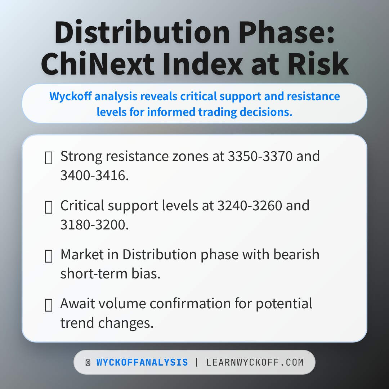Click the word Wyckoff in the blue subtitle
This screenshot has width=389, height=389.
[71, 96]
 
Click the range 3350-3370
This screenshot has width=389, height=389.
[260, 156]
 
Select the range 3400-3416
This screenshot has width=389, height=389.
[94, 175]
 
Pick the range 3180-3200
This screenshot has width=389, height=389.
[94, 224]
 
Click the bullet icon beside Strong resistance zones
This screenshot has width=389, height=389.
[49, 158]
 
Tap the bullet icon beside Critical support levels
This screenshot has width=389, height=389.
[49, 207]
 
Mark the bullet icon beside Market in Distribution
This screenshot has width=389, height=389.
[49, 256]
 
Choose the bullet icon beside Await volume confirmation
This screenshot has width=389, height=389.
[49, 305]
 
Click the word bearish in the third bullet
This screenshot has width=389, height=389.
[296, 255]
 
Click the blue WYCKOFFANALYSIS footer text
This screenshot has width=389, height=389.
[142, 362]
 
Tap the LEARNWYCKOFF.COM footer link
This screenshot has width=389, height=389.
[255, 362]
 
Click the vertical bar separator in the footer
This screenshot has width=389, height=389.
[197, 362]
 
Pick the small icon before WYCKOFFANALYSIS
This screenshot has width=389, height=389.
[88, 363]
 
